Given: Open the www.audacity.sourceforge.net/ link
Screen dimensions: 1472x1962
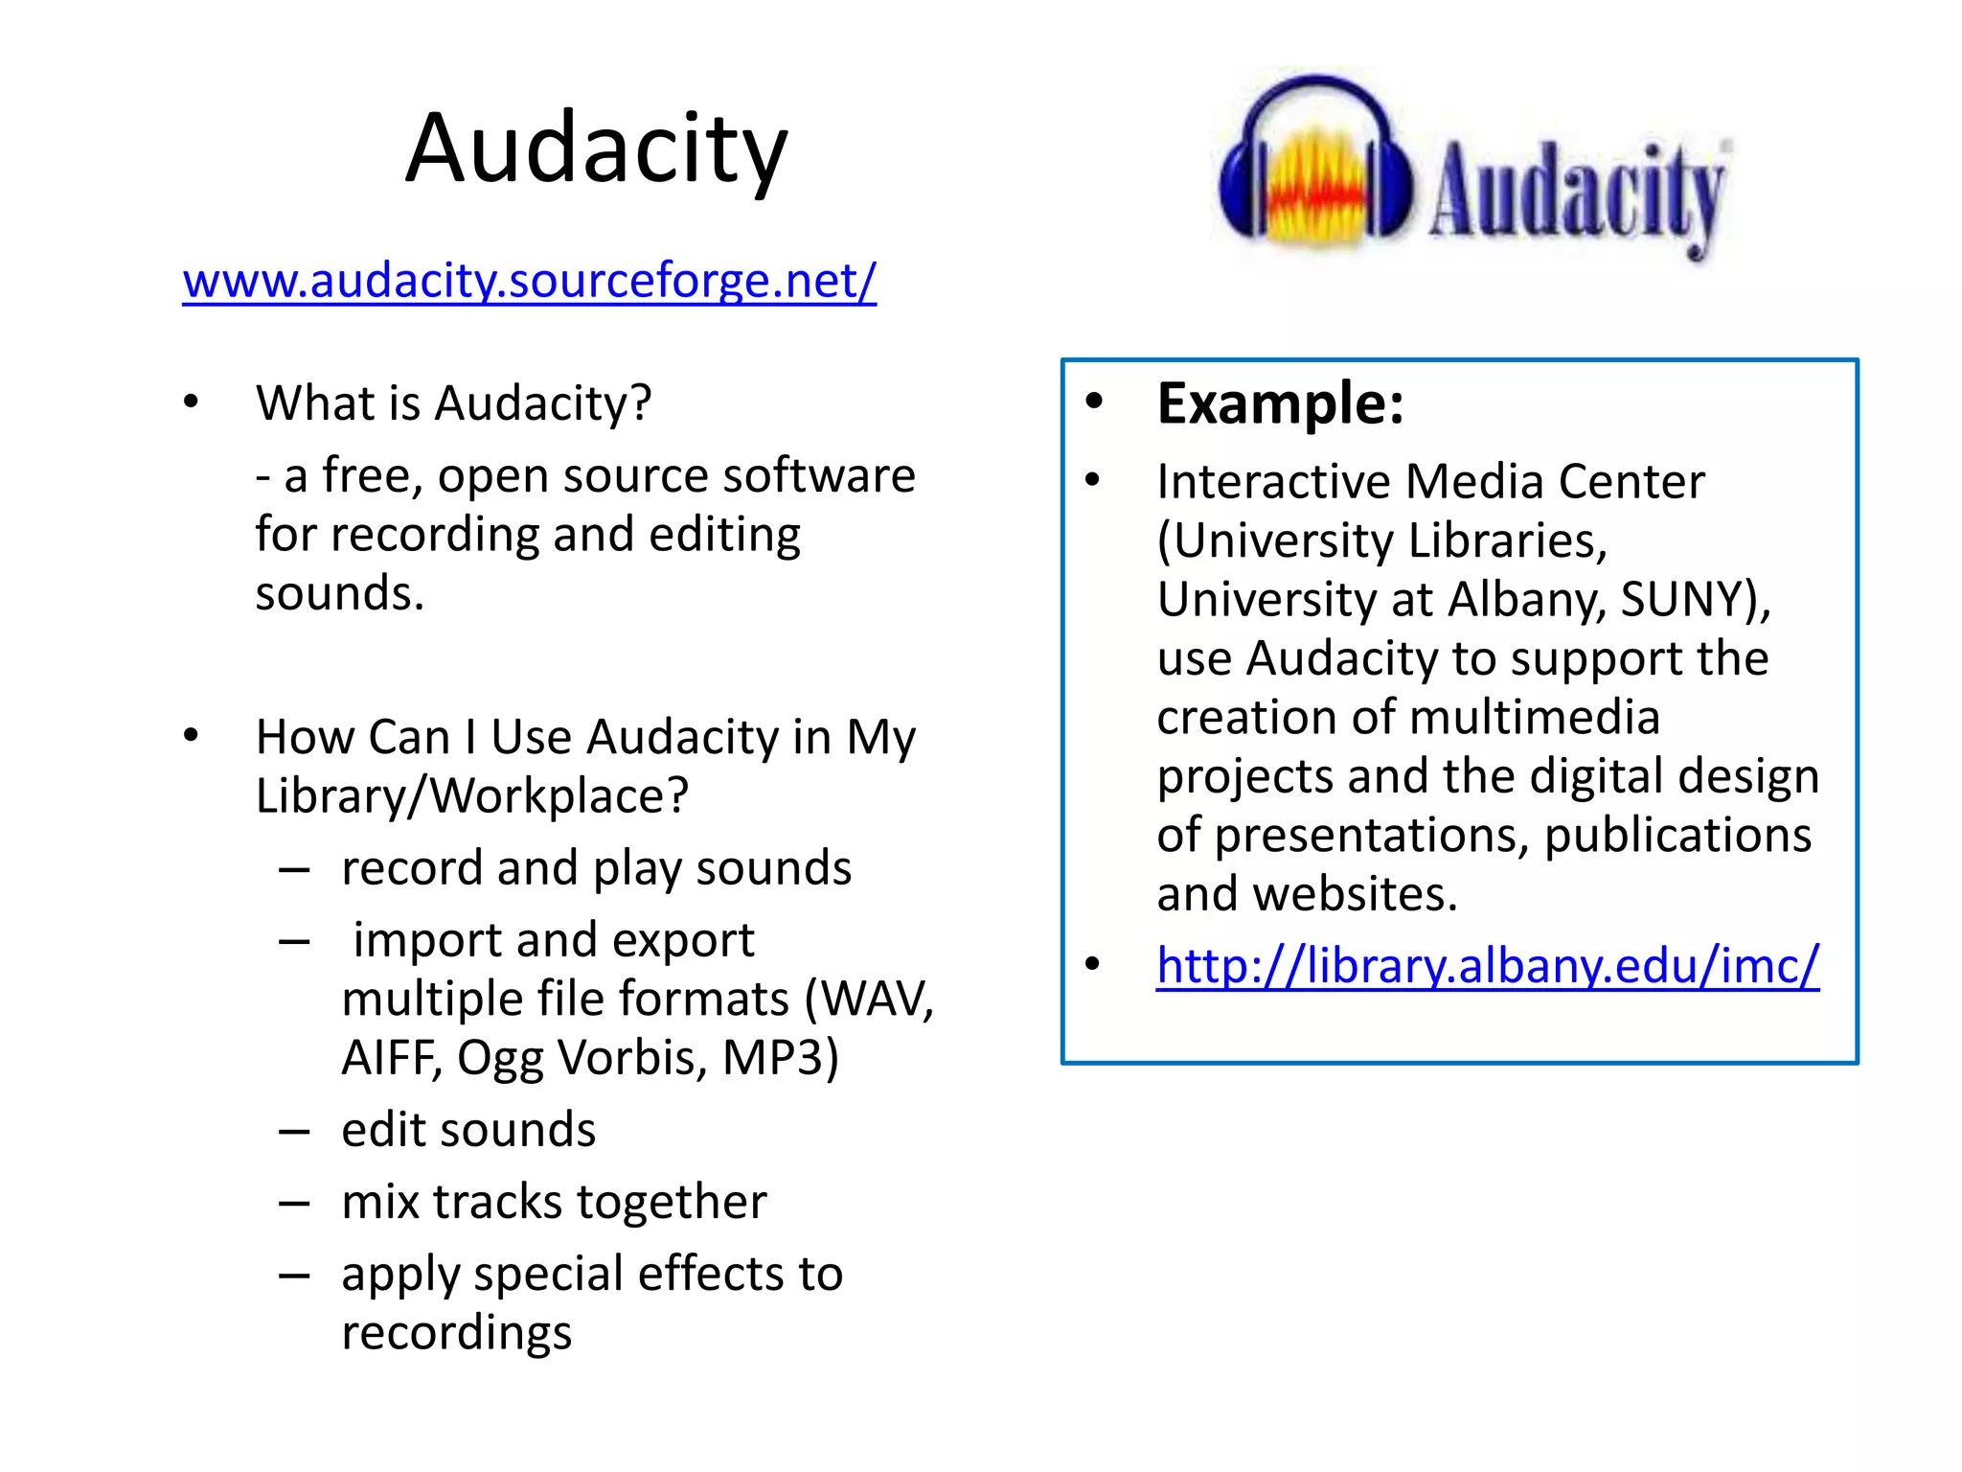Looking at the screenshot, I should coord(529,281).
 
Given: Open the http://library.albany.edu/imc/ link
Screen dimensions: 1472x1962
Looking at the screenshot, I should coord(1487,965).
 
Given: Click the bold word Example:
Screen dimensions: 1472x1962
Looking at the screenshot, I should coord(1280,403).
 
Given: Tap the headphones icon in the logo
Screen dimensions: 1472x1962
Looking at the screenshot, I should coord(1314,163).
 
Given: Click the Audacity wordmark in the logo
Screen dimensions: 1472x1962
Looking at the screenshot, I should coord(1577,192).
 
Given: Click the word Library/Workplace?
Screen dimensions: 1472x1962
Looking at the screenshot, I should coord(471,795).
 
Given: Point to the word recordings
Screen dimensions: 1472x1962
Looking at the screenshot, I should coord(456,1332).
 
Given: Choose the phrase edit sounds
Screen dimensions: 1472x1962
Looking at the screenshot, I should coord(468,1130).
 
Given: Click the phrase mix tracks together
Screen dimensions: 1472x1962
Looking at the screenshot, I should coord(554,1202).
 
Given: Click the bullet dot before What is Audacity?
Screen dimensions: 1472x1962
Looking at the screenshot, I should coord(192,402).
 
